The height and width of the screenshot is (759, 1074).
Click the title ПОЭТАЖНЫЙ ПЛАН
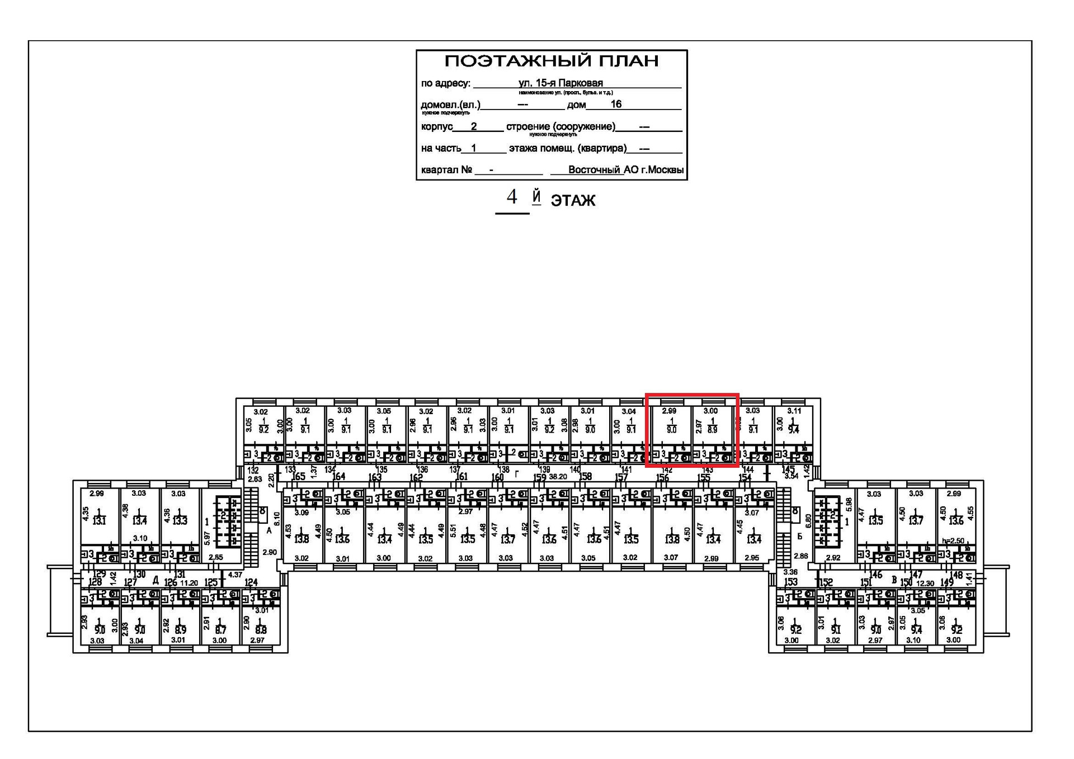pos(551,61)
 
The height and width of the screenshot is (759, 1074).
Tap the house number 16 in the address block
pos(616,104)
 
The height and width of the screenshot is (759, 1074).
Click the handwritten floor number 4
pos(511,197)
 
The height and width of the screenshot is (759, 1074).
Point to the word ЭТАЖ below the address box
pos(573,201)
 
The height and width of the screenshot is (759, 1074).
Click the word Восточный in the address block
pos(594,169)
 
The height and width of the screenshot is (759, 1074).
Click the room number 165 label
pos(299,476)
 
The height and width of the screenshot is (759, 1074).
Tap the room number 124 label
pos(251,582)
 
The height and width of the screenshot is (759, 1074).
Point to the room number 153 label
pos(790,582)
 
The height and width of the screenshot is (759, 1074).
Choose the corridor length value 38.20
pos(558,477)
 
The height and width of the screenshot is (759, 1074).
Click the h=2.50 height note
pos(953,540)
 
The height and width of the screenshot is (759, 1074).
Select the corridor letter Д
pos(156,581)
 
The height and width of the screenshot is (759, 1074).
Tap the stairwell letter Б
pos(800,536)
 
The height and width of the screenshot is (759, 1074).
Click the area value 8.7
pos(220,630)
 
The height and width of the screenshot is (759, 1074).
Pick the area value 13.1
pos(99,521)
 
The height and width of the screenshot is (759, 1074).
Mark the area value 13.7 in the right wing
pos(916,521)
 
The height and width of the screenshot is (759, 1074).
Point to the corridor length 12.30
pos(925,583)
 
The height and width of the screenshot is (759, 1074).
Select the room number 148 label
pos(956,575)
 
